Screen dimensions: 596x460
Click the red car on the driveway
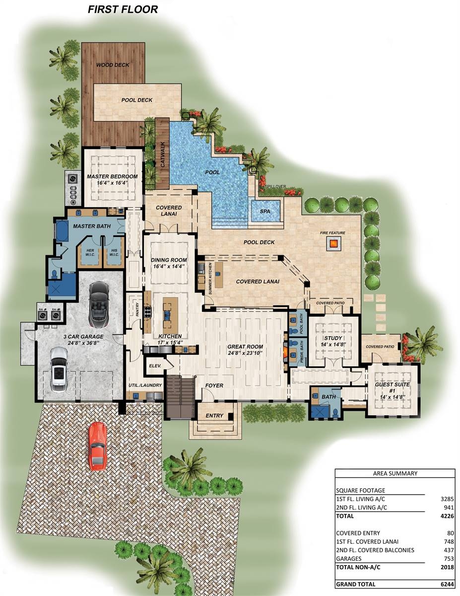[97, 446]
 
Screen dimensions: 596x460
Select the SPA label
[265, 211]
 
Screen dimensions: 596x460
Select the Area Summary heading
[394, 473]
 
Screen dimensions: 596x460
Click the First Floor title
[123, 9]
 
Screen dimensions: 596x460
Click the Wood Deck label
[113, 65]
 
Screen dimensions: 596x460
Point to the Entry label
[214, 415]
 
